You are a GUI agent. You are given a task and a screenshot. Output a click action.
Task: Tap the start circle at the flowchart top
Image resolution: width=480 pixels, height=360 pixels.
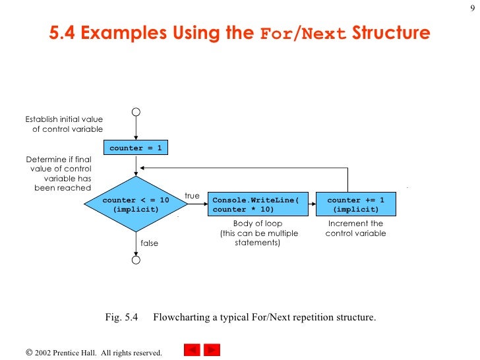point(136,112)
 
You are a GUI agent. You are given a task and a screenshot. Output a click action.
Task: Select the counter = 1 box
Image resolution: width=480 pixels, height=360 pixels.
point(135,148)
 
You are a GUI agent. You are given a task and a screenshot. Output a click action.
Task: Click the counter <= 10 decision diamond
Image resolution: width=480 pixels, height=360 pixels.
point(136,204)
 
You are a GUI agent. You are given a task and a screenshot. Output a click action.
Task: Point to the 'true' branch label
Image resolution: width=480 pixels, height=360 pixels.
point(192,196)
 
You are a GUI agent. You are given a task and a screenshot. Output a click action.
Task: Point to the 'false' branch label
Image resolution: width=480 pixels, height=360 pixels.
point(150,243)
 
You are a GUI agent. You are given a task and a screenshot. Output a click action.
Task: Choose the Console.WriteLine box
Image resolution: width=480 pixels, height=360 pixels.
point(258,204)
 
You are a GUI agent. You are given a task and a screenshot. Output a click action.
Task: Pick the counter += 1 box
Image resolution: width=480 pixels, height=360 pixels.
point(356,204)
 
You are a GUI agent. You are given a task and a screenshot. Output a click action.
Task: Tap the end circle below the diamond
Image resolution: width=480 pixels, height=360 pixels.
point(136,260)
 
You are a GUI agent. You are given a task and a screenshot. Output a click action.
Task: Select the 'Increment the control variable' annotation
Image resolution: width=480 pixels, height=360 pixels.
point(356,229)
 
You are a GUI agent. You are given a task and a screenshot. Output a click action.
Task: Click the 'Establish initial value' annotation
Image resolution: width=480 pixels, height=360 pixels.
point(64,124)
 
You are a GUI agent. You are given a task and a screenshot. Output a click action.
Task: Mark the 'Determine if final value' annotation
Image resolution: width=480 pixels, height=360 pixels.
point(59,173)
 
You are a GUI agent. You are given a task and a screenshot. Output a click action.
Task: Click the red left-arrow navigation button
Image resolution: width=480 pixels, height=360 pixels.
point(191,350)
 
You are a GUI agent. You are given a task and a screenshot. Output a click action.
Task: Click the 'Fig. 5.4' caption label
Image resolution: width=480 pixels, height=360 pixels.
point(121,317)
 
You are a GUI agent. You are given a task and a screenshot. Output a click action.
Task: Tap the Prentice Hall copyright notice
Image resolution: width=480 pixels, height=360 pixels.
point(94,353)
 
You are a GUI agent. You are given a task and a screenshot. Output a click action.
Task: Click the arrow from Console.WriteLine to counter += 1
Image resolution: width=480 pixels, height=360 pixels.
point(313,204)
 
